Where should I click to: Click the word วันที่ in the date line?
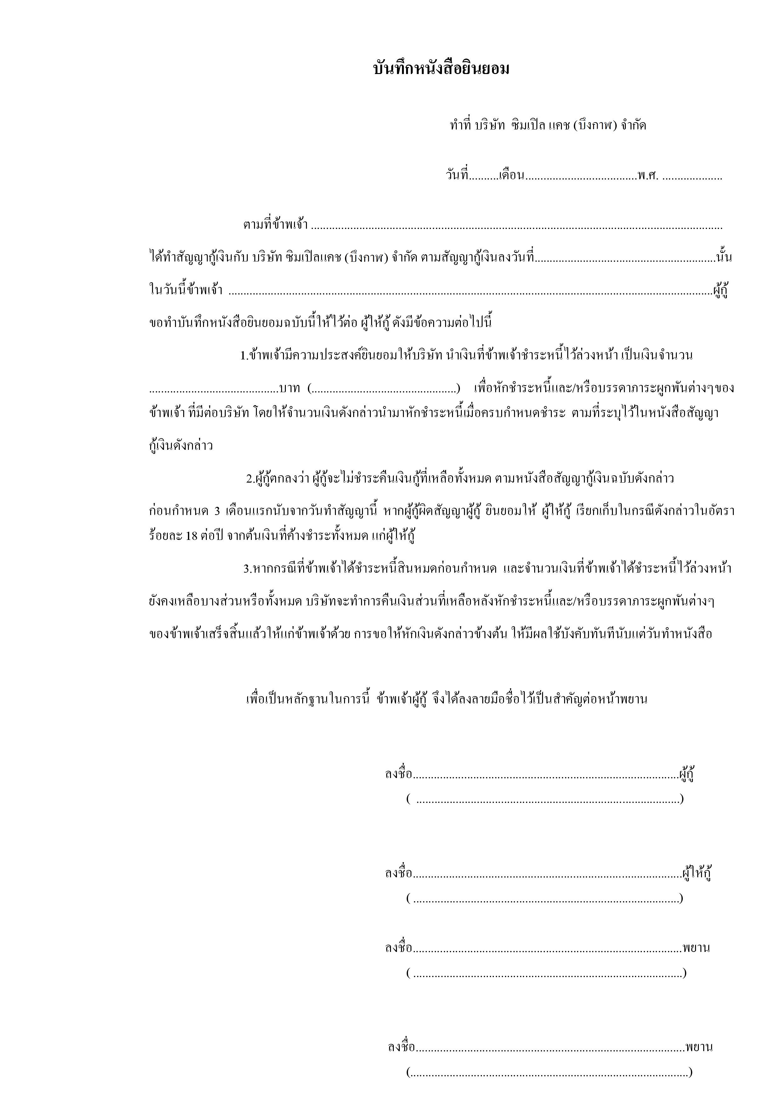tap(457, 176)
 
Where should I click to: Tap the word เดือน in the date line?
tap(511, 176)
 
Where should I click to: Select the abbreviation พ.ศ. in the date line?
tap(648, 176)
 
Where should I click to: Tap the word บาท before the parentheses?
tap(290, 388)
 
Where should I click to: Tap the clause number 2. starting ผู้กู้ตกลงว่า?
tap(250, 479)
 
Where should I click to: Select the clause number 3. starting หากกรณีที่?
tap(247, 569)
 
